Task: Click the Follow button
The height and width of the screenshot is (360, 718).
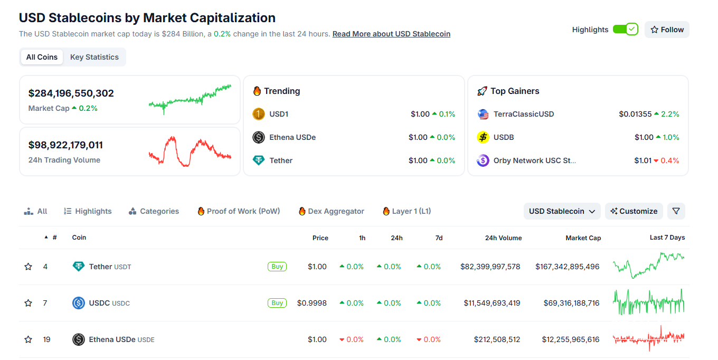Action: (x=667, y=30)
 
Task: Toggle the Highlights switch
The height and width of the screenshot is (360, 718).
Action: (x=625, y=30)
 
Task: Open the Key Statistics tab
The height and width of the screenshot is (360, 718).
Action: (x=95, y=57)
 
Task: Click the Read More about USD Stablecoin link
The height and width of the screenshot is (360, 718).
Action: (x=391, y=34)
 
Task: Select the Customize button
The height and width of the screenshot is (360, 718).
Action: (x=634, y=211)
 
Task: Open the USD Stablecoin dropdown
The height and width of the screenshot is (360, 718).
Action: (x=562, y=211)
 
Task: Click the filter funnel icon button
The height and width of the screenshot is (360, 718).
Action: (x=676, y=211)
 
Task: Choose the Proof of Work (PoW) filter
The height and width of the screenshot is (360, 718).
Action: (x=239, y=211)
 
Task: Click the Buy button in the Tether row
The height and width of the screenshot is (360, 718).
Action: (x=277, y=267)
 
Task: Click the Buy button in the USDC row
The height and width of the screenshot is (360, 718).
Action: (x=277, y=303)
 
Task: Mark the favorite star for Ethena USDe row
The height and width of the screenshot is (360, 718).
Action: (x=29, y=339)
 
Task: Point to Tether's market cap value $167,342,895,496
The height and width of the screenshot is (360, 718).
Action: (x=567, y=267)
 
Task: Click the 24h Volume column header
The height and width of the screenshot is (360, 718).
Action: (x=503, y=238)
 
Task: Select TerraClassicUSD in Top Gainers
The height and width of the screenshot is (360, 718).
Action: (x=523, y=114)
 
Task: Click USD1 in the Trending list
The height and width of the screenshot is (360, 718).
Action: (x=278, y=114)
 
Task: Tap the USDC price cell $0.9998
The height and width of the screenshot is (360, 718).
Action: (x=311, y=303)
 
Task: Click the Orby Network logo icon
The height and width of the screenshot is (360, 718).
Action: (x=483, y=160)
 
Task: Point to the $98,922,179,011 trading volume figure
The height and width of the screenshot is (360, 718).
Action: (x=65, y=145)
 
